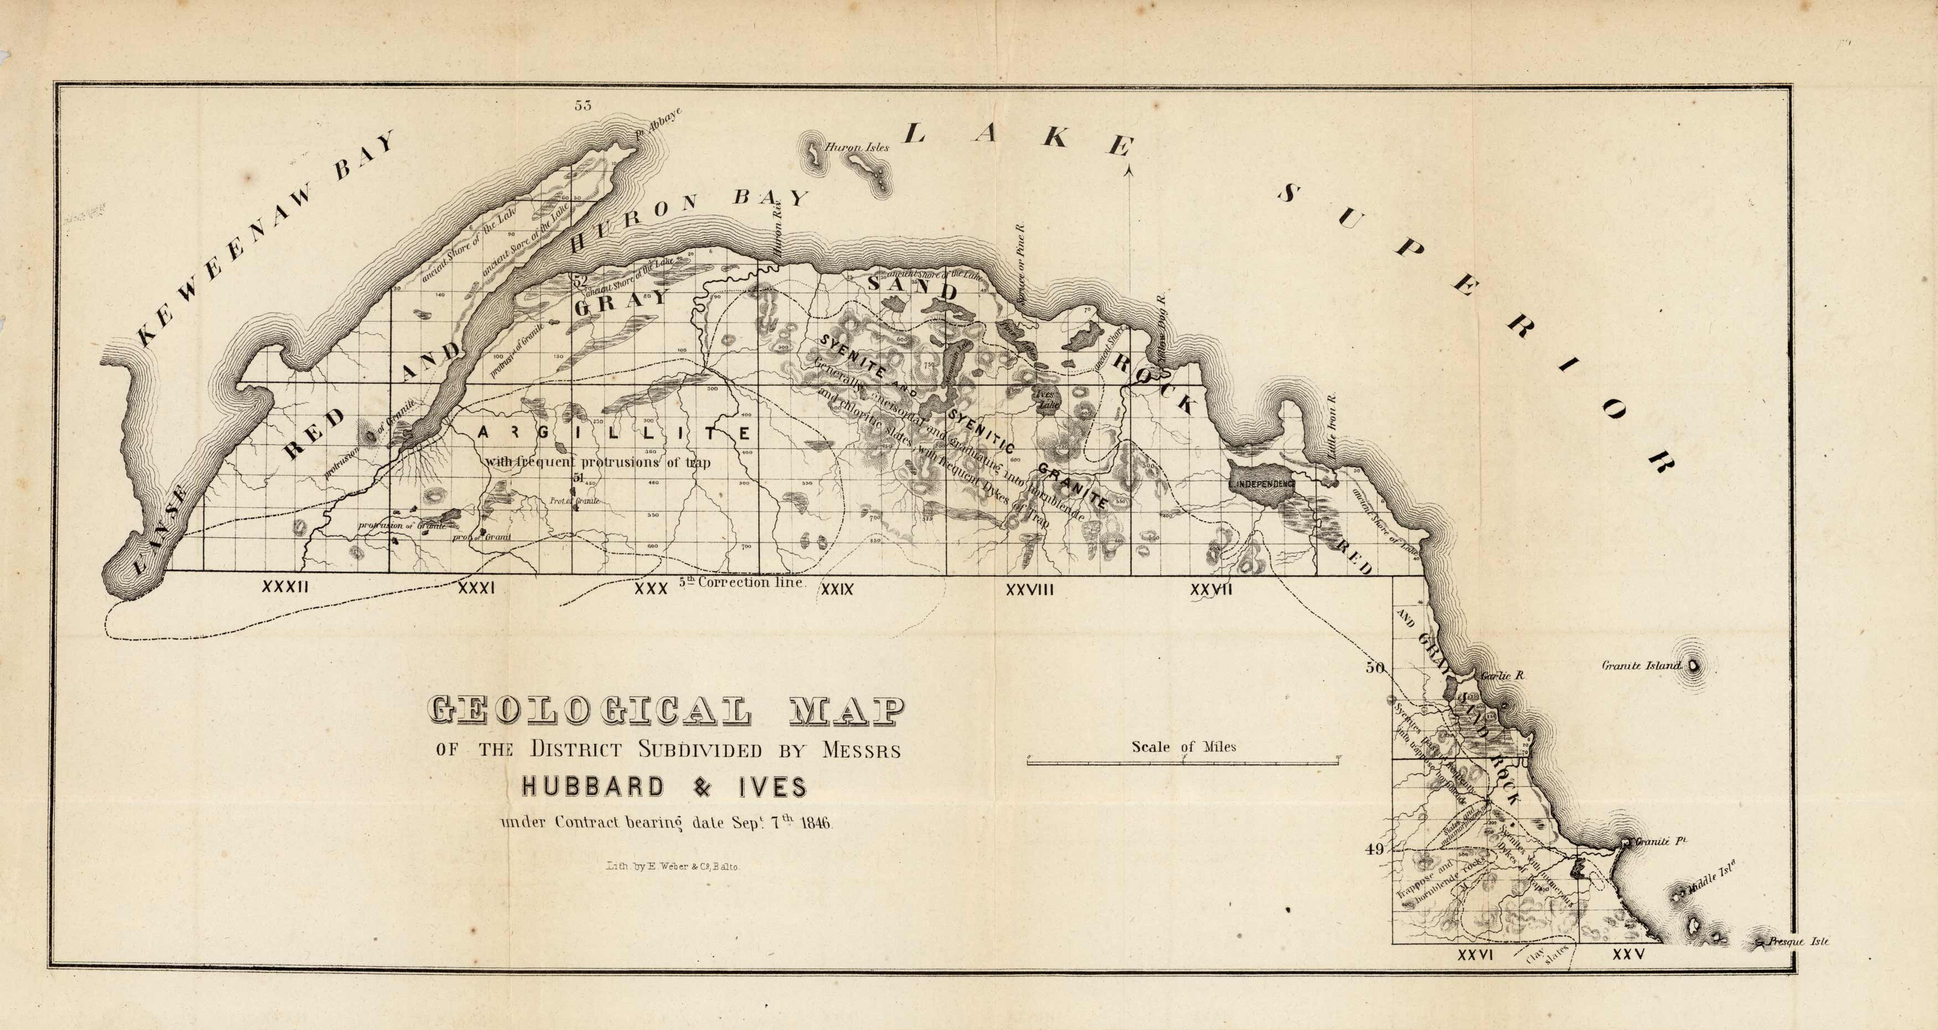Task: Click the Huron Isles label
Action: [857, 147]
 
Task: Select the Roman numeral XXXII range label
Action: [285, 587]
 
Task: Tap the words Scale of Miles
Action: [1183, 747]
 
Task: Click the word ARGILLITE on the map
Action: [613, 434]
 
